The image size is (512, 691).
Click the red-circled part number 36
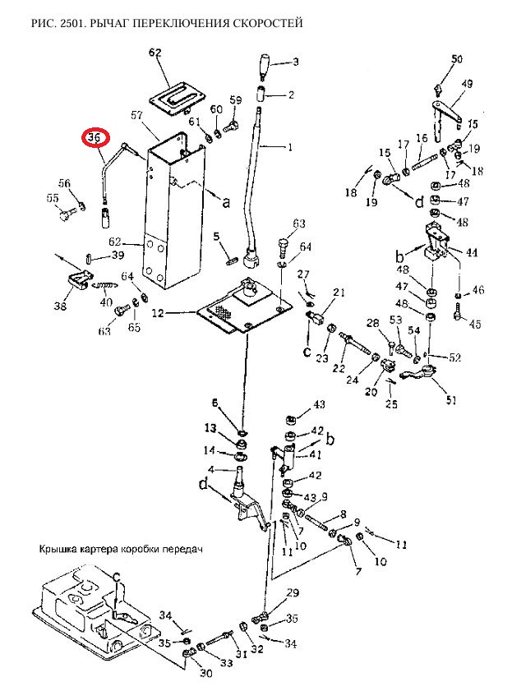pyautogui.click(x=95, y=137)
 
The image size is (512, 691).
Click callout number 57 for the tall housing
pyautogui.click(x=137, y=115)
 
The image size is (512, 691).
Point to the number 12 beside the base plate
pyautogui.click(x=158, y=313)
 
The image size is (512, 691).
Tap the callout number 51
pyautogui.click(x=451, y=400)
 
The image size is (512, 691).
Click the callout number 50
pyautogui.click(x=457, y=58)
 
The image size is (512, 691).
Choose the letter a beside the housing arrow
pyautogui.click(x=226, y=202)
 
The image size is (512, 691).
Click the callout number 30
pyautogui.click(x=205, y=673)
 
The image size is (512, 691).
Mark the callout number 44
pyautogui.click(x=472, y=252)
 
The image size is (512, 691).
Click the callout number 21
pyautogui.click(x=339, y=292)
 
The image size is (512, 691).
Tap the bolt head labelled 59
pyautogui.click(x=231, y=127)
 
